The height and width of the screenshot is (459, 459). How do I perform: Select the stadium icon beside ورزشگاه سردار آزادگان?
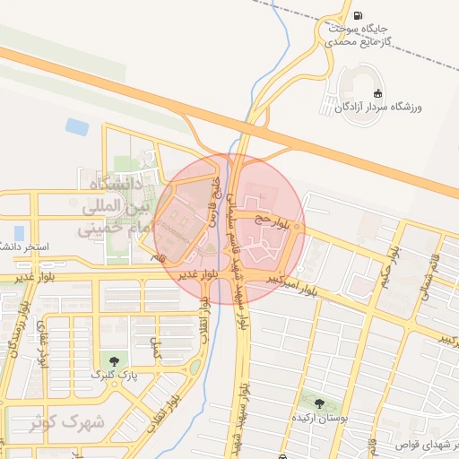coord(377,92)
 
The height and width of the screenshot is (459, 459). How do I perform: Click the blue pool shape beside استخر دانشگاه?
coord(19,233)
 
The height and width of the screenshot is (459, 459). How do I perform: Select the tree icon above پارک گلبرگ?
coord(113,360)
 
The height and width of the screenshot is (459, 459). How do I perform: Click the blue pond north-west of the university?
coord(77,127)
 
